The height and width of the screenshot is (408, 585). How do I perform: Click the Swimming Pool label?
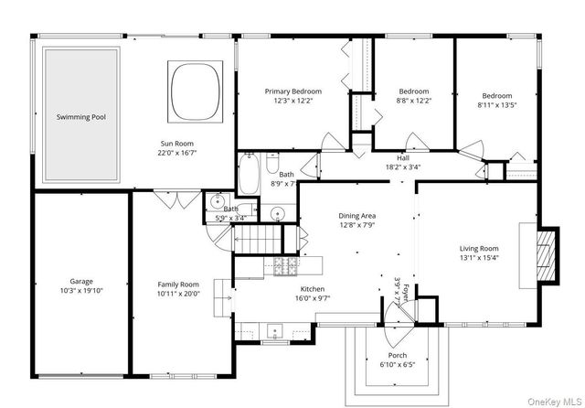[81, 117]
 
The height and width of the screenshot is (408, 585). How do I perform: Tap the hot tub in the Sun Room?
[195, 91]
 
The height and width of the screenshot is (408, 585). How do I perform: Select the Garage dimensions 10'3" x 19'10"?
[81, 291]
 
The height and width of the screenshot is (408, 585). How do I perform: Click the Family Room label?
[178, 285]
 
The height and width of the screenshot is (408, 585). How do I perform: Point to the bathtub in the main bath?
[249, 174]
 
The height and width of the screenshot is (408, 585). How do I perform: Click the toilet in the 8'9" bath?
[272, 163]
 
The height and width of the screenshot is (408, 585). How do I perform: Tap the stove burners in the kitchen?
[286, 265]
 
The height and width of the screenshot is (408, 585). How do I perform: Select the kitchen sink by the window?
[275, 331]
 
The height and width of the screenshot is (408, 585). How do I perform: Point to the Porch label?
[398, 355]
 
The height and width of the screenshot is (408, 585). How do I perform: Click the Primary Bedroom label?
[293, 91]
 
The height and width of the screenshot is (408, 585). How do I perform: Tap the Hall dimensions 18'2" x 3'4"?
[403, 167]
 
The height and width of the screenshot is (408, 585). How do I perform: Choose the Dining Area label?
[357, 216]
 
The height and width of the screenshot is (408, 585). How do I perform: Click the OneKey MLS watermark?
[555, 402]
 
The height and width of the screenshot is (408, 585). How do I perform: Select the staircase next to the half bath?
[258, 239]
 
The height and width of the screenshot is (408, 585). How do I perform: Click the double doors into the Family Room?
[177, 199]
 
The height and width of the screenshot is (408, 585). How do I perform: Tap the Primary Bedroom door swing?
[334, 142]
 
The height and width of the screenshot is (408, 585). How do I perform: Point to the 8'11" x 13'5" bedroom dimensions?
[497, 105]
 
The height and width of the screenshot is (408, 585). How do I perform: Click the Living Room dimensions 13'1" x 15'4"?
[479, 258]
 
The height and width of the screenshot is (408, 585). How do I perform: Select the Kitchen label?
[313, 289]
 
